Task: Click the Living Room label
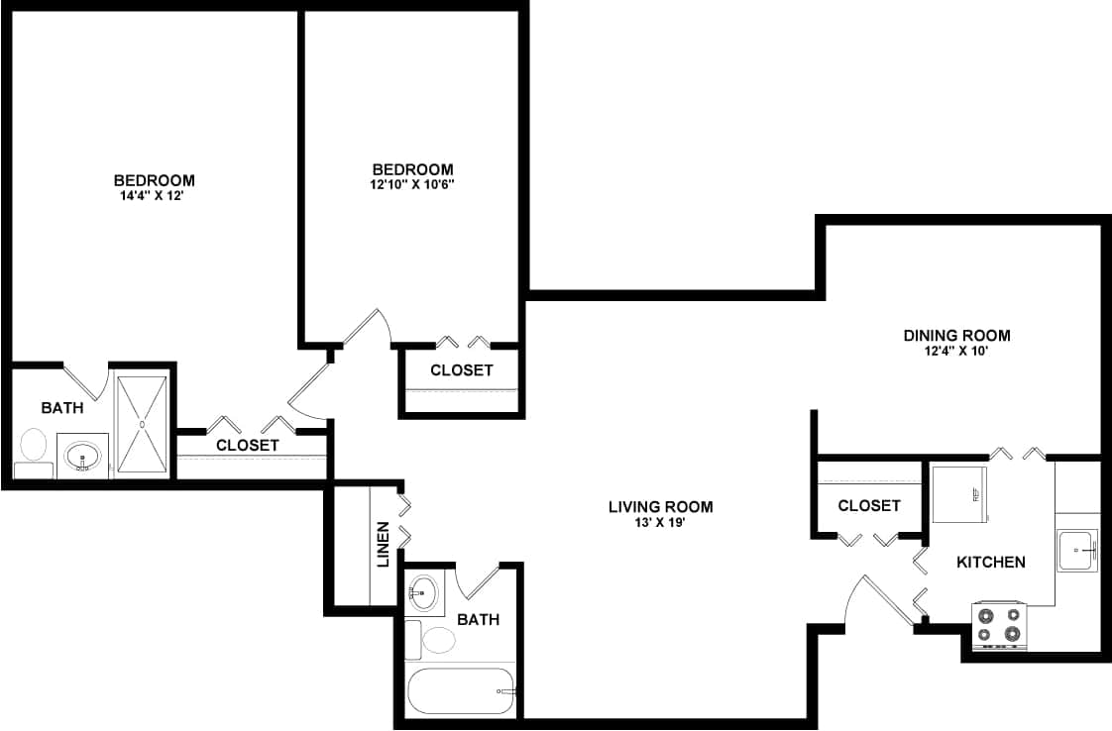tap(660, 507)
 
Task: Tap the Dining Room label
tap(956, 336)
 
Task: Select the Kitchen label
tap(990, 563)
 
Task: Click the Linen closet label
tap(383, 544)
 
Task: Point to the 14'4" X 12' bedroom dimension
tap(154, 196)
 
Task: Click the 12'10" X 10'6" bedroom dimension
tap(412, 184)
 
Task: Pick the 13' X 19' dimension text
tap(660, 523)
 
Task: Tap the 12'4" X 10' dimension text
tap(956, 351)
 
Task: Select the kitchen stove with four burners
tap(998, 625)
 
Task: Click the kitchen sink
tap(1076, 550)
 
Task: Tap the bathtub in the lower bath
tap(461, 690)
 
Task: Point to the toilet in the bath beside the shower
tap(34, 450)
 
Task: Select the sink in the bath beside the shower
tap(82, 457)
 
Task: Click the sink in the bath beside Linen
tap(423, 593)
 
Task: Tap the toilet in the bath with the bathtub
tap(436, 638)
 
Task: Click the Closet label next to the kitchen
tap(869, 506)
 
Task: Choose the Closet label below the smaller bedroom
tap(461, 370)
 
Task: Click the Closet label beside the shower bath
tap(247, 446)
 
